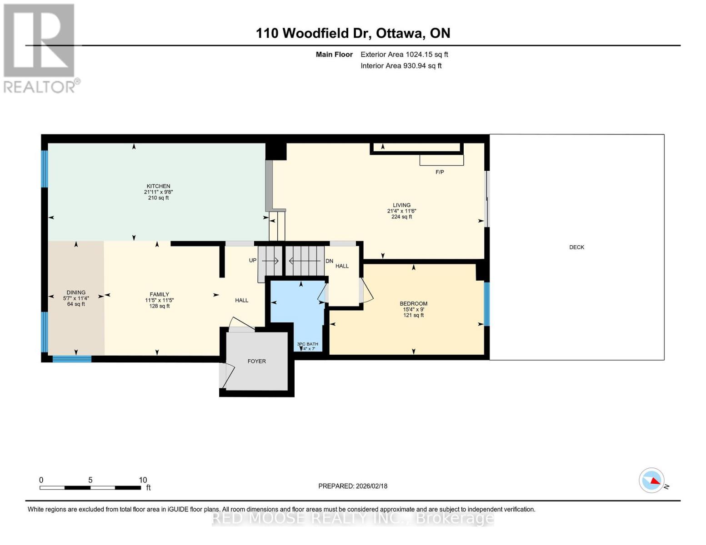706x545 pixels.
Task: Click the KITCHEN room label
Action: point(158,186)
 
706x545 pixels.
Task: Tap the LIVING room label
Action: point(401,205)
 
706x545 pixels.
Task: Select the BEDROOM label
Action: point(413,304)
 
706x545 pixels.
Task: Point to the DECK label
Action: point(576,248)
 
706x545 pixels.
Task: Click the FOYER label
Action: point(256,362)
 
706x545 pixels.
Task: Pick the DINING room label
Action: point(76,293)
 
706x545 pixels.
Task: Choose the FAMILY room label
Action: point(160,295)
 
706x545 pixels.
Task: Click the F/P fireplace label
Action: point(440,172)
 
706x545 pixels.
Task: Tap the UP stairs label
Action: point(253,261)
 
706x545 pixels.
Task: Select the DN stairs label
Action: point(329,261)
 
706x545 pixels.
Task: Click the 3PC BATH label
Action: point(308,344)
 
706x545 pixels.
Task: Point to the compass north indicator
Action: point(652,480)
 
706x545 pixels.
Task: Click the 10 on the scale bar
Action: point(143,480)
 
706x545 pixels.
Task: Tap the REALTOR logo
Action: point(40,48)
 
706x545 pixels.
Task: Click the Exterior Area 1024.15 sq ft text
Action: point(404,54)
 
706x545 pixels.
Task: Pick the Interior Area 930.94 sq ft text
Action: point(401,66)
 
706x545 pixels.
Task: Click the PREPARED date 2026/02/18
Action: point(353,486)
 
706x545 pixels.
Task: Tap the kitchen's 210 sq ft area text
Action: point(158,198)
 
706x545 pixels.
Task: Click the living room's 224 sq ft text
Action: point(401,217)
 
